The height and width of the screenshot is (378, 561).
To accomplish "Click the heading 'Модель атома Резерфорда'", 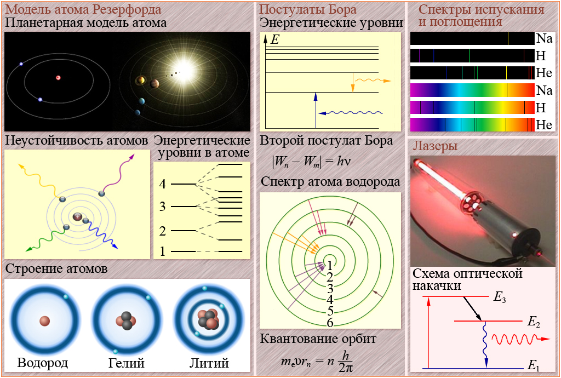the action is tap(83, 9).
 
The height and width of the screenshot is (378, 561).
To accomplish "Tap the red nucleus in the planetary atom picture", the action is tap(58, 78).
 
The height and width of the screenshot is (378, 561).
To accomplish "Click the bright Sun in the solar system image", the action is tap(184, 67).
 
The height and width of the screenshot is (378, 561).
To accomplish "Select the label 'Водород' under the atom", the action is tap(43, 363).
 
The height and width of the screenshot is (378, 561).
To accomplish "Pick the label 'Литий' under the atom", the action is tap(209, 363).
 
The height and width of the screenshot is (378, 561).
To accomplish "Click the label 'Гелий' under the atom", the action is tap(127, 363).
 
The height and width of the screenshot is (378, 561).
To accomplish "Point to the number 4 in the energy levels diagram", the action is tap(163, 184).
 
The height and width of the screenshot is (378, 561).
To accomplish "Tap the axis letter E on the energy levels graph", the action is tap(275, 39).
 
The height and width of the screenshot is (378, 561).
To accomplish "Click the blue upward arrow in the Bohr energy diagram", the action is tap(316, 110).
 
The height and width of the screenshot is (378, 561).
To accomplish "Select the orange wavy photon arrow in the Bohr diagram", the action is tap(373, 81).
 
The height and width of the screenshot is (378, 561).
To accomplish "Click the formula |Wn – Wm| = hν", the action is tap(311, 161).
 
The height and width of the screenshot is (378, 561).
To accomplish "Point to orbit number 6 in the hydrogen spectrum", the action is tap(330, 323).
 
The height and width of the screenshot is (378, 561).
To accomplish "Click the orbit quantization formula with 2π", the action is tap(317, 360).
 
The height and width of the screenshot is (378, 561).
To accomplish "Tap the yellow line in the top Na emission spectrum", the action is tap(508, 38).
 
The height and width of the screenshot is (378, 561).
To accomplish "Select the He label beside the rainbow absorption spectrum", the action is tap(544, 124).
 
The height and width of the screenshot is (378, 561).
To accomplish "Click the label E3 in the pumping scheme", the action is tap(500, 297).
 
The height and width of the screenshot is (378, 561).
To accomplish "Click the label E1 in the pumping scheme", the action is tap(534, 366).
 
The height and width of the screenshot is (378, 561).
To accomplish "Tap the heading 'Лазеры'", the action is tap(435, 146).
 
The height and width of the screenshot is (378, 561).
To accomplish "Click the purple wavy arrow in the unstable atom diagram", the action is tap(118, 173).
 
